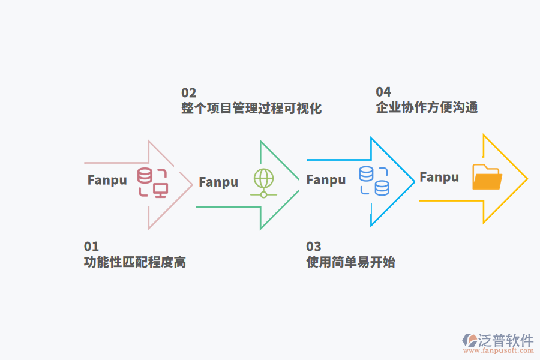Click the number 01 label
tap(91, 247)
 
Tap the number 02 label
tap(189, 92)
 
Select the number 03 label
tap(314, 247)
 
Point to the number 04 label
tap(383, 92)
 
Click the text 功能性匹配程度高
tap(135, 262)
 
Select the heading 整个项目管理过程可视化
tap(251, 109)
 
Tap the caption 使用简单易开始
tap(350, 262)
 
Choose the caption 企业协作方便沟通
tap(427, 108)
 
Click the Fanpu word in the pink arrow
tap(107, 180)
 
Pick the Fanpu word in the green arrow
tap(218, 182)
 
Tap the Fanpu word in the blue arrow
tap(326, 179)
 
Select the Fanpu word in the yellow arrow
tap(439, 177)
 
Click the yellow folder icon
tap(487, 177)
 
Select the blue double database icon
tap(374, 181)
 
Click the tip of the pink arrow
tap(191, 184)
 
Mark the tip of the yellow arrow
tap(527, 179)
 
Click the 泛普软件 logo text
tap(505, 340)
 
